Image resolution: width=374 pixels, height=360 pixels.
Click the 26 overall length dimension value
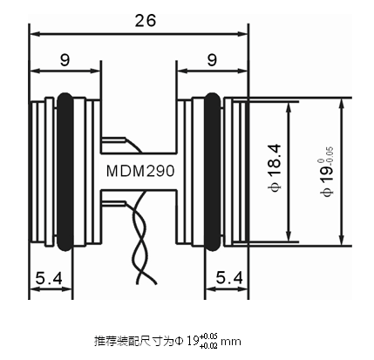point(146,21)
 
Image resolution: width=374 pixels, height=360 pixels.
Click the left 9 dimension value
point(65,60)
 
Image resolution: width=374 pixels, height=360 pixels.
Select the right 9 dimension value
point(212,60)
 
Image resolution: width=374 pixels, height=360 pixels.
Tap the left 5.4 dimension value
point(49,278)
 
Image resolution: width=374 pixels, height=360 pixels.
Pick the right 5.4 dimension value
point(229,277)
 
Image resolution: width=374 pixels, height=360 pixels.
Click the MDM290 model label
point(140,171)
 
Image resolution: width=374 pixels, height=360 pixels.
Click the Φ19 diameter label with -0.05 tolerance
point(327,172)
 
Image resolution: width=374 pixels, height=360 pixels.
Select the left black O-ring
point(65,172)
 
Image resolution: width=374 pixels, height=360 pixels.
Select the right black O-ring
point(213,172)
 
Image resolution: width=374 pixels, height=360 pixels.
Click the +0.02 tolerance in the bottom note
point(208,346)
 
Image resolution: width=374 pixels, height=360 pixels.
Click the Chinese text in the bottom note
point(133,341)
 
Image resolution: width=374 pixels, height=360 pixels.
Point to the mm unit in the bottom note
point(231,342)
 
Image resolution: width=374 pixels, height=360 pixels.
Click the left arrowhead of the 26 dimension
point(34,34)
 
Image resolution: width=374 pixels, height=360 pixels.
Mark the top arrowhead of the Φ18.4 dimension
point(289,107)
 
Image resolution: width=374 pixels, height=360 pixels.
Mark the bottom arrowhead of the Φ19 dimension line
point(342,240)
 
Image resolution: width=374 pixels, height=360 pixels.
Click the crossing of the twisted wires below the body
point(142,240)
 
